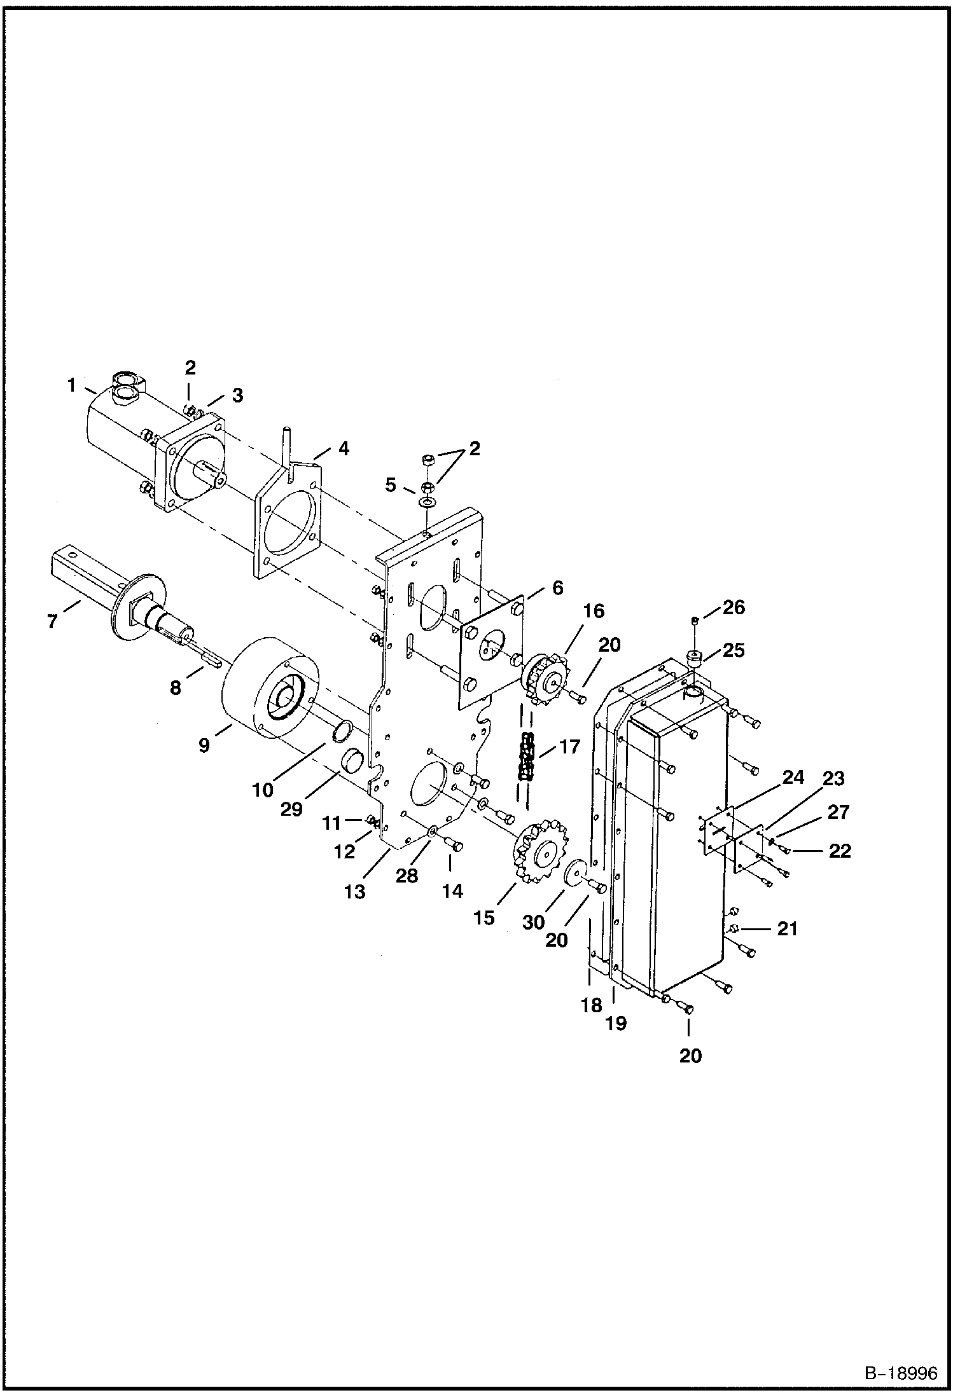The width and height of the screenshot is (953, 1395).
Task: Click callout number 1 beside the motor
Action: pos(72,385)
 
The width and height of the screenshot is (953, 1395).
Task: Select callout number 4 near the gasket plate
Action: pos(344,448)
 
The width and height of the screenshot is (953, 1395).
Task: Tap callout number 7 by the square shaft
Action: pos(52,621)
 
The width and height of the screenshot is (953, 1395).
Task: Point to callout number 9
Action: pos(204,745)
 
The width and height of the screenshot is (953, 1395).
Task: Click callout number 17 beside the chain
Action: pos(570,746)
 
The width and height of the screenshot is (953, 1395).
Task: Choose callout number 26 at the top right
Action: pos(734,607)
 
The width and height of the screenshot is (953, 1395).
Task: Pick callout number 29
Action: pos(292,809)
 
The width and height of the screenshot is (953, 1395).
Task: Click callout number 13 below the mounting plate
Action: pos(355,892)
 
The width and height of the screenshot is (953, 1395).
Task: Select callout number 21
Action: pos(787,929)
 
